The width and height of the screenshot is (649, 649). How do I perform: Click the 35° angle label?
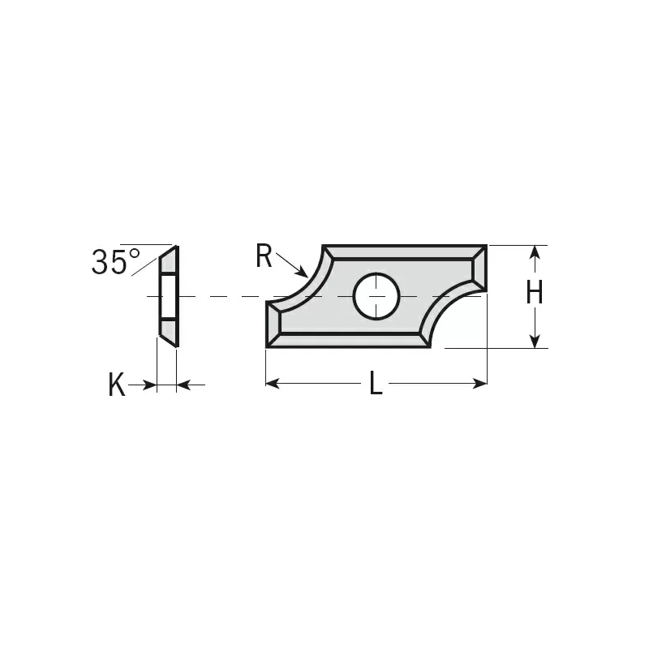click(x=115, y=261)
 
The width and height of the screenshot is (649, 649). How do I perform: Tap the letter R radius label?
click(x=264, y=256)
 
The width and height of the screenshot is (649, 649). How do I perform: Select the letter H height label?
click(x=534, y=292)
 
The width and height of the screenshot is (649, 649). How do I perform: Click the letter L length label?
click(x=376, y=383)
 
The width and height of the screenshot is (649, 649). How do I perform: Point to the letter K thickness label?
click(x=116, y=385)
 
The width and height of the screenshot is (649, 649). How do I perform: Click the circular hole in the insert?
click(x=376, y=296)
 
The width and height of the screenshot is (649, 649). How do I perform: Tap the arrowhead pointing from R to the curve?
click(x=303, y=273)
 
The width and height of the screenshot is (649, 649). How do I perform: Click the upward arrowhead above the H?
click(x=535, y=252)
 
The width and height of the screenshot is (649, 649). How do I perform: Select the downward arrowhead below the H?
click(x=535, y=341)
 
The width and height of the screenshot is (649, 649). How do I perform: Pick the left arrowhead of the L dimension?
click(x=273, y=383)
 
